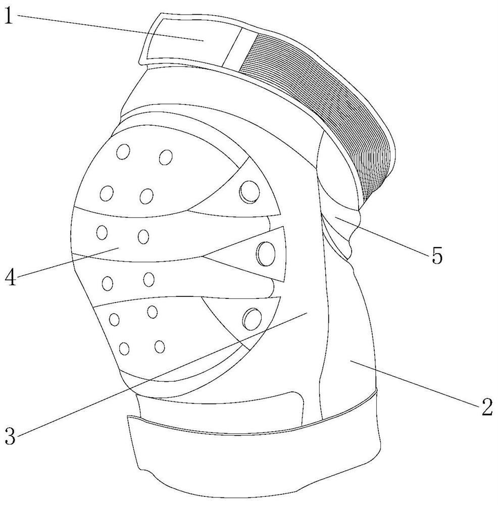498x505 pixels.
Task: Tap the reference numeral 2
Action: pos(486,407)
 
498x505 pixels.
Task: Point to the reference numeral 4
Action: pos(9,277)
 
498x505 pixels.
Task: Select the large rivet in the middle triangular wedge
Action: pos(266,251)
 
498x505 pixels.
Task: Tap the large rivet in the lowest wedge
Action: pos(252,318)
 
